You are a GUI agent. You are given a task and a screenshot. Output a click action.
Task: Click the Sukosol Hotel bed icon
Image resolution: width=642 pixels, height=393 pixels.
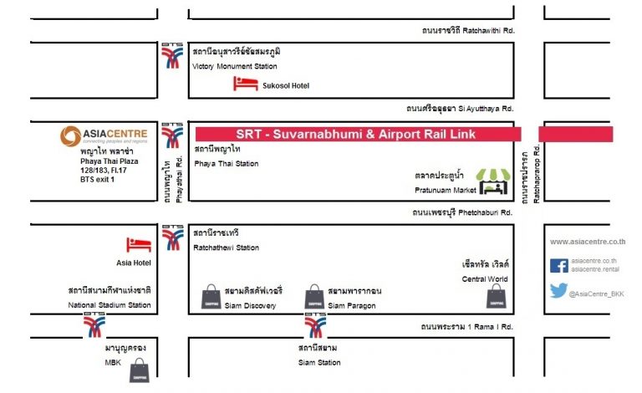[245, 84]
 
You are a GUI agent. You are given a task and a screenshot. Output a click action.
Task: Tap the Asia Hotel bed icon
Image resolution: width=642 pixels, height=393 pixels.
[139, 245]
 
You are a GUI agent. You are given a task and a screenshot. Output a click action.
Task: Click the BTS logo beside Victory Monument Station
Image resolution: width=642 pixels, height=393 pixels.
[172, 56]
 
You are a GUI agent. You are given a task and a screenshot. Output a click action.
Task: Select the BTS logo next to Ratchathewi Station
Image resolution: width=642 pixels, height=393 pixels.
[172, 237]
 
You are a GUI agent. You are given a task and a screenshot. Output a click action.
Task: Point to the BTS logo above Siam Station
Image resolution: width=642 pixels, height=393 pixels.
[315, 325]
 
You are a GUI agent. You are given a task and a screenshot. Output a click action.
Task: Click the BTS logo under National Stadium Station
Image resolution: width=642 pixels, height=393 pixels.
[94, 324]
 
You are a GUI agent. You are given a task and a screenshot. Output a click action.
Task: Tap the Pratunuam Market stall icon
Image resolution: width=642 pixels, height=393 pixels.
[493, 181]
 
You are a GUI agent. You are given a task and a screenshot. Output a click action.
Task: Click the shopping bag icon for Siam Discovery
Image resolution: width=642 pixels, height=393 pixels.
[211, 296]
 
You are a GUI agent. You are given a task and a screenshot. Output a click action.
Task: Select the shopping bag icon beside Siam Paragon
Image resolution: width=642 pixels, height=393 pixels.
[314, 296]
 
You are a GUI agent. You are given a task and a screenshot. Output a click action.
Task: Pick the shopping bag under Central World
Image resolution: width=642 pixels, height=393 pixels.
[497, 295]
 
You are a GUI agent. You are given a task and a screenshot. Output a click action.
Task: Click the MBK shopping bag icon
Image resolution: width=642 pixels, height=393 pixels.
[140, 370]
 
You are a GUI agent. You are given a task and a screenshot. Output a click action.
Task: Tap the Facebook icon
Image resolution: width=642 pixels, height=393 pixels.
[559, 266]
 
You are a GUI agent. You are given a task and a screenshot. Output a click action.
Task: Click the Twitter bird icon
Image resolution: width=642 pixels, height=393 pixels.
[558, 290]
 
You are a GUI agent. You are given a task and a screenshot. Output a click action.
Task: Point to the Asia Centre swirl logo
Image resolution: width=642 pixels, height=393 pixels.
[70, 136]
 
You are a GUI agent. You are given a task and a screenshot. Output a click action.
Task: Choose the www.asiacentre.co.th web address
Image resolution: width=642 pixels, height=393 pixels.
[588, 242]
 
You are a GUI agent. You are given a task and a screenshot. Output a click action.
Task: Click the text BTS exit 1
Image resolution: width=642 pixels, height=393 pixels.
[97, 179]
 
